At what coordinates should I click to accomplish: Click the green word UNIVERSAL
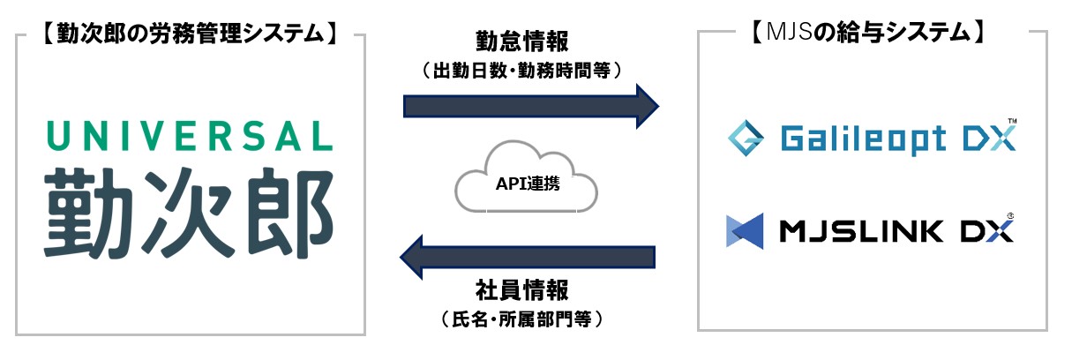(x=190, y=136)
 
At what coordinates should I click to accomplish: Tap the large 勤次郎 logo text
(x=189, y=214)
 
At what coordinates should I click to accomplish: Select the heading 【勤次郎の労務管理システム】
(x=191, y=34)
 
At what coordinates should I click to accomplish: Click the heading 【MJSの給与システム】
(x=867, y=33)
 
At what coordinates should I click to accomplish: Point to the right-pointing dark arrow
(x=531, y=106)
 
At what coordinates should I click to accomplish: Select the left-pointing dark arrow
(x=528, y=257)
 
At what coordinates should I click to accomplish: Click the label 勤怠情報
(x=522, y=41)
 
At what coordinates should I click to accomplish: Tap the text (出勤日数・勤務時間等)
(x=522, y=71)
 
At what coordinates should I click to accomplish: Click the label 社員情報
(x=522, y=290)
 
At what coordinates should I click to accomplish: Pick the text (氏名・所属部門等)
(x=522, y=319)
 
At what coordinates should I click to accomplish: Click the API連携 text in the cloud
(x=528, y=184)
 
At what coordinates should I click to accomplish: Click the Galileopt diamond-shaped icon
(x=746, y=139)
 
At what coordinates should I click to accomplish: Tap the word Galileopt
(x=863, y=139)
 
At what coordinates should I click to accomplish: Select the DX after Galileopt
(x=989, y=139)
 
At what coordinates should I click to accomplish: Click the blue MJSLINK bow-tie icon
(x=745, y=231)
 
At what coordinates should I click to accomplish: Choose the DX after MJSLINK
(x=986, y=232)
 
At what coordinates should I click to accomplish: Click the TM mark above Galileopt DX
(x=1012, y=121)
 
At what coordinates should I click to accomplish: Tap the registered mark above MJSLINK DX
(x=1009, y=216)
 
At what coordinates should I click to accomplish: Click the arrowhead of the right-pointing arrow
(x=648, y=106)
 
